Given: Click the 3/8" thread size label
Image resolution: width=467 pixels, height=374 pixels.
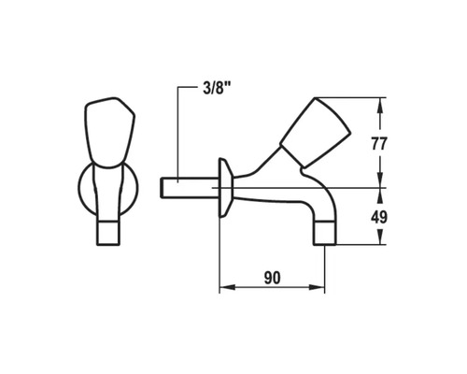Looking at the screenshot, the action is tap(216, 89).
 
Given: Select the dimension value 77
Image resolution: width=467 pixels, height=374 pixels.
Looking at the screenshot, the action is tap(379, 144).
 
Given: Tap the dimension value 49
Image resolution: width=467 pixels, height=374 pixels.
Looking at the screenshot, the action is tap(379, 217).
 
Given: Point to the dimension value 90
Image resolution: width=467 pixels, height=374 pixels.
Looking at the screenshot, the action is tap(272, 278).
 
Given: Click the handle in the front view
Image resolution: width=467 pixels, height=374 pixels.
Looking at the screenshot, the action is tap(109, 133).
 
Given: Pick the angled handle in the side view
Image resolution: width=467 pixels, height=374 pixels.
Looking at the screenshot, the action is tap(315, 132).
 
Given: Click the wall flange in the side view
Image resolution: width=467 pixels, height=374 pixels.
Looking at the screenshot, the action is tap(225, 187).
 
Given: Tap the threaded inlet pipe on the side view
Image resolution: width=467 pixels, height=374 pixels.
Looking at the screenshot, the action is tap(190, 187).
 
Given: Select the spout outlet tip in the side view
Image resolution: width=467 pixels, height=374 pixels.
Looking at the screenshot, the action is tap(325, 233).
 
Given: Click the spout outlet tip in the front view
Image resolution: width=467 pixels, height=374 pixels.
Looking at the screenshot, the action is tap(108, 233).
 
